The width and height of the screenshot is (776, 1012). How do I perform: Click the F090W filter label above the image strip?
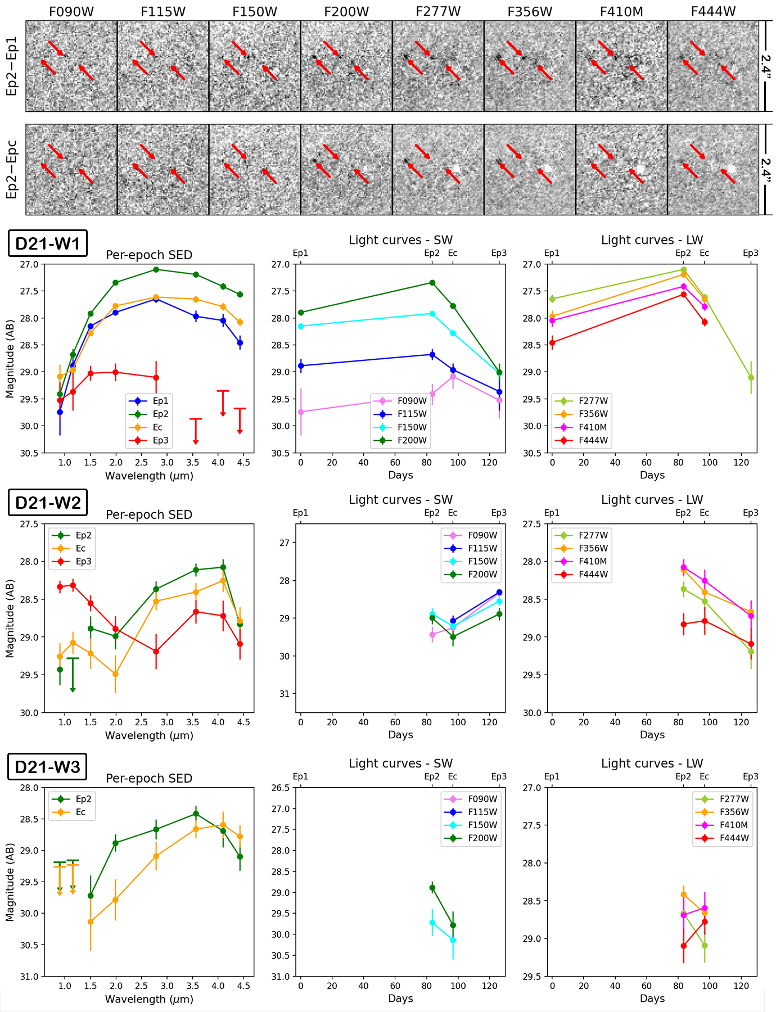coord(71,11)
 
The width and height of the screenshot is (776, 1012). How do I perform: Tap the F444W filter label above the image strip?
coord(713,11)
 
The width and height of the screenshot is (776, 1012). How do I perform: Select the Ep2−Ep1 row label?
coord(12,66)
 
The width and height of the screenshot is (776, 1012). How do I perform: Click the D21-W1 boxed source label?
coord(48,243)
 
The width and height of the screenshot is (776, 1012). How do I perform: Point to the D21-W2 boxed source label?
coord(48,503)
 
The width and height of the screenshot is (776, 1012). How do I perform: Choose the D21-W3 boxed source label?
coord(48,767)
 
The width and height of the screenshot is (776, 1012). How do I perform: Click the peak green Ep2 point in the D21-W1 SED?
coord(156,269)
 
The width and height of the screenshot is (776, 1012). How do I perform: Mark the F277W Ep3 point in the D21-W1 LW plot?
coord(751,377)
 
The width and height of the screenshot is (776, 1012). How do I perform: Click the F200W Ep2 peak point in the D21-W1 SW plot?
coord(432,282)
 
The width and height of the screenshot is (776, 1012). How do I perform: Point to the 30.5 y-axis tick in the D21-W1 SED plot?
coord(29,453)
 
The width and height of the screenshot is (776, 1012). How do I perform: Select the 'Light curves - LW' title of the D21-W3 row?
coord(652,763)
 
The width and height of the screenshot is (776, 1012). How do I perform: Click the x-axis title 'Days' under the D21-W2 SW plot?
coord(400,735)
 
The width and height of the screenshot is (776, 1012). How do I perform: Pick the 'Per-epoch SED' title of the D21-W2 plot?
coord(149,514)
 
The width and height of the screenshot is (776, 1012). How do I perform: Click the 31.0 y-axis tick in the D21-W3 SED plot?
coord(29,976)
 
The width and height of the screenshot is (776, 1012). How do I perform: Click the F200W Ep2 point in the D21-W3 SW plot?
coord(432,888)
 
